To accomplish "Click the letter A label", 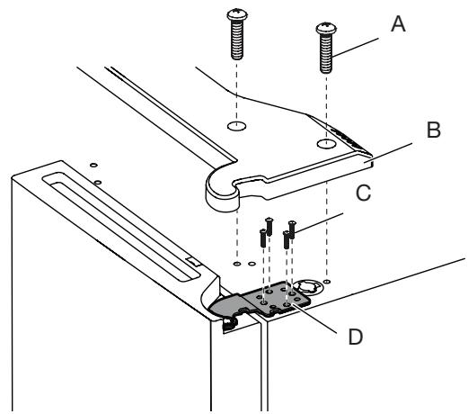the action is (x=398, y=24).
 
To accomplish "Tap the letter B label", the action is (x=434, y=130).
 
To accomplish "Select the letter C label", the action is (x=364, y=193).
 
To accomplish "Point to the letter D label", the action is (x=356, y=337).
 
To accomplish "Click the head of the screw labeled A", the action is (x=326, y=28).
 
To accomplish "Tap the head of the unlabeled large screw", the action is (x=237, y=14).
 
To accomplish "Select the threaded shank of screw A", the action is (x=326, y=53).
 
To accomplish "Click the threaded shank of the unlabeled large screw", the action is (x=237, y=40).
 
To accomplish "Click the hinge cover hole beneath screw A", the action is (x=326, y=144).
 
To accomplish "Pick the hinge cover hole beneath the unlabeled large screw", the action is (x=236, y=126).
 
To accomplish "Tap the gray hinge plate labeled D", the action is (x=260, y=301).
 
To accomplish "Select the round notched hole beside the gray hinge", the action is (x=306, y=287).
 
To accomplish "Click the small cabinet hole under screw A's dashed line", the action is (x=327, y=282).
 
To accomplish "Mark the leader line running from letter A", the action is (x=355, y=48).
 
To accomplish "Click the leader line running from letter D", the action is (x=314, y=318).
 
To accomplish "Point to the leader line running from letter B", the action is (x=388, y=153).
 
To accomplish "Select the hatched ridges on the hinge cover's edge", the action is (x=349, y=138).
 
